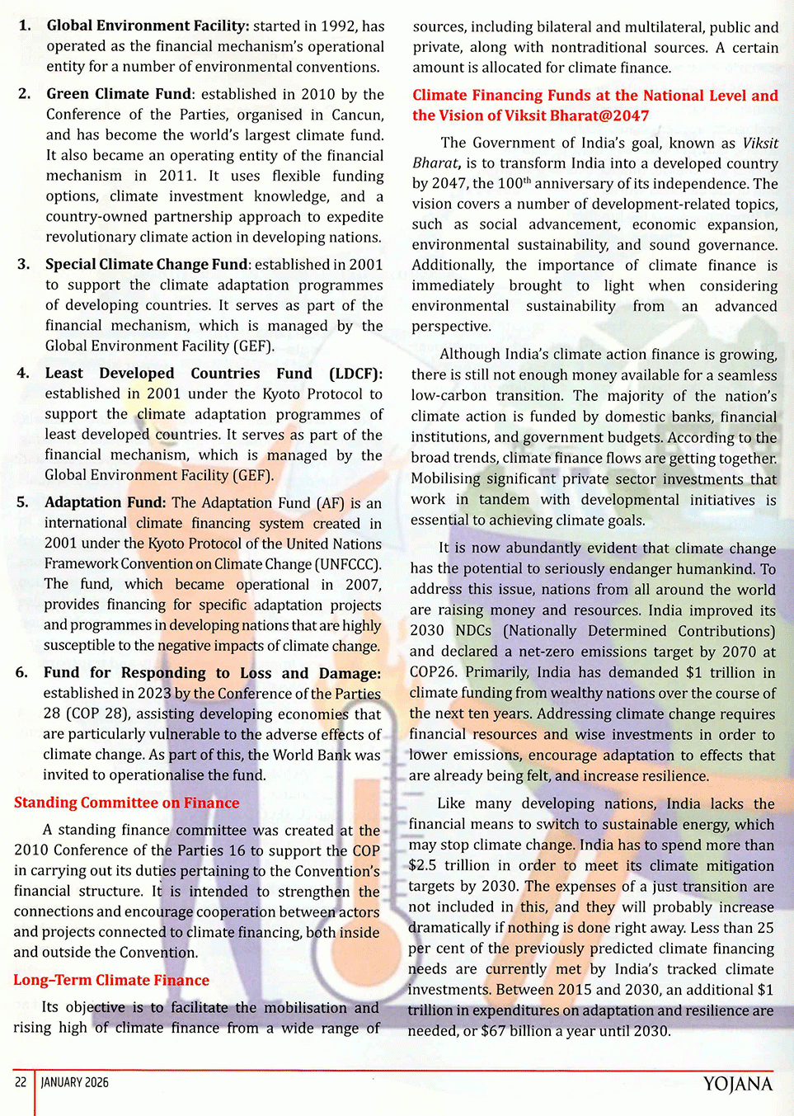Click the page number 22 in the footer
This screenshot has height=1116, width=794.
[21, 1082]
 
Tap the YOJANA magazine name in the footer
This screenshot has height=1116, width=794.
[737, 1084]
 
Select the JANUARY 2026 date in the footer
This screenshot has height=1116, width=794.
[75, 1082]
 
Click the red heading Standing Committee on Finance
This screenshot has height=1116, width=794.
[126, 803]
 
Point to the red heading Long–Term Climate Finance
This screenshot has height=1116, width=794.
[111, 980]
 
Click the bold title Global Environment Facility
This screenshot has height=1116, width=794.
[148, 26]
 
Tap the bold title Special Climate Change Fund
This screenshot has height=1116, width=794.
[146, 264]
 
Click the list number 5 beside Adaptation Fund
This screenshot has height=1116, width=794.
[22, 502]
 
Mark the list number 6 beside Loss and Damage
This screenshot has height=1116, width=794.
[21, 673]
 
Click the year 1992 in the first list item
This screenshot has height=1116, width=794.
[339, 26]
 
